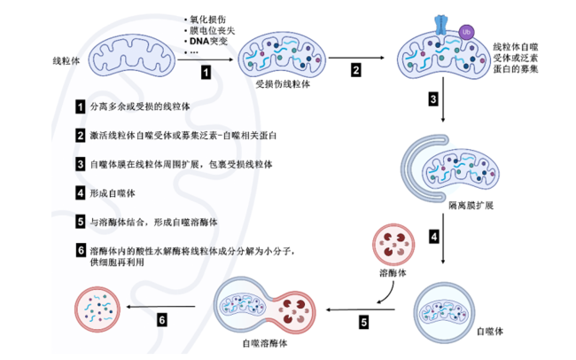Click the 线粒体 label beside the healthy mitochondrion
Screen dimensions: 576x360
tap(66, 61)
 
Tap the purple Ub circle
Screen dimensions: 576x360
tap(466, 32)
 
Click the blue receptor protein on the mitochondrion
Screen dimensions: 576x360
tap(440, 25)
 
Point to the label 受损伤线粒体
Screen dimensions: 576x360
tap(283, 84)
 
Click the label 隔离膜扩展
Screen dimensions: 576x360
tap(471, 205)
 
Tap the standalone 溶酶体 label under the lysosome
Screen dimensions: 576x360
tap(393, 273)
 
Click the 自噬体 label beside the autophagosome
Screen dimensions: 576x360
tap(490, 332)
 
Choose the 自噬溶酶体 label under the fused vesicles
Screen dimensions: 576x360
tap(265, 343)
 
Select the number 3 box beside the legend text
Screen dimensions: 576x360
tap(81, 164)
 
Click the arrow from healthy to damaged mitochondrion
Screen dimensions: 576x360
tap(206, 59)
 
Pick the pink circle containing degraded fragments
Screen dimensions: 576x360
tap(97, 309)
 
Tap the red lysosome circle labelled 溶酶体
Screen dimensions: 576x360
tap(393, 245)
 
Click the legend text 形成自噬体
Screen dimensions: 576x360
tap(113, 193)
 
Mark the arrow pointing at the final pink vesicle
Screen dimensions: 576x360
tap(160, 307)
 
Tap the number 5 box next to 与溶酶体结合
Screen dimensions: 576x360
tap(81, 222)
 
